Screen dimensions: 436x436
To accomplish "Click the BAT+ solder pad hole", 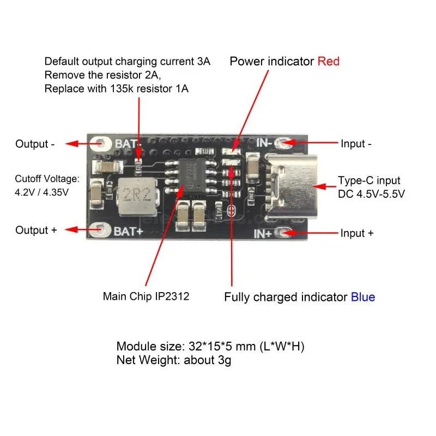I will coord(102,230).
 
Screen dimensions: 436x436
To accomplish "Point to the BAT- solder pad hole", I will coord(102,144).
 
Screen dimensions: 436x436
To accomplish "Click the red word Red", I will coord(328,61).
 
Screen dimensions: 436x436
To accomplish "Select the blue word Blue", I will coord(362,297).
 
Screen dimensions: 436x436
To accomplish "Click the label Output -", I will coord(35,144).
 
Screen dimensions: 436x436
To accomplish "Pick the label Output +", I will coord(36,230).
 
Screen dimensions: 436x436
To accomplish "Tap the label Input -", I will coord(356,144).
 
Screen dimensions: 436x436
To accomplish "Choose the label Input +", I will coord(357,233).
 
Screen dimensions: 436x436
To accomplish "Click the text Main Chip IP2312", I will coord(146,297).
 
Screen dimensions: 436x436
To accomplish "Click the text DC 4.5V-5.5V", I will coord(371,194).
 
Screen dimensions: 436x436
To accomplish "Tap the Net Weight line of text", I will coord(174,360).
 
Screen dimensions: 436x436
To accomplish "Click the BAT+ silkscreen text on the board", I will coord(128,231).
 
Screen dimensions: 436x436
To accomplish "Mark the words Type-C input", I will coord(369,180).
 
